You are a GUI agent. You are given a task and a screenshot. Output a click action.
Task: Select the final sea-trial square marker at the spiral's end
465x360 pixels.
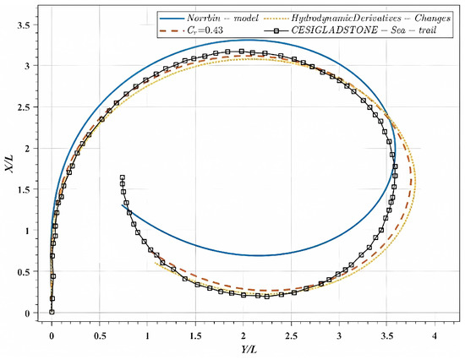122,177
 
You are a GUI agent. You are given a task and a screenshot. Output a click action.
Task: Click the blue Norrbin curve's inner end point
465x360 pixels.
123,205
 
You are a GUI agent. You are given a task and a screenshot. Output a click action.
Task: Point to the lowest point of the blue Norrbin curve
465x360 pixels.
260,255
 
